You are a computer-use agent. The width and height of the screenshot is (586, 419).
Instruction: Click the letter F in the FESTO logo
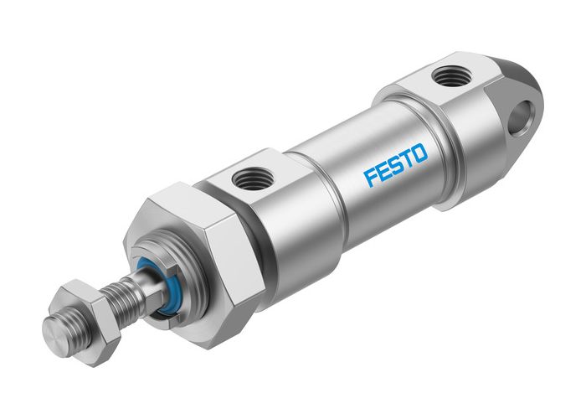tap(371, 176)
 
